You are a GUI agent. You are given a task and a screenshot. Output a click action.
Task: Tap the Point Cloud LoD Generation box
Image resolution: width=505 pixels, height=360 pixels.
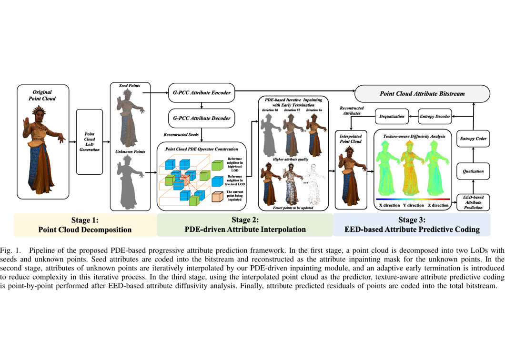pyautogui.click(x=89, y=142)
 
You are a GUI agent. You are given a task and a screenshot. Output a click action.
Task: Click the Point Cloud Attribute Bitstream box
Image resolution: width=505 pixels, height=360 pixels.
pyautogui.click(x=422, y=93)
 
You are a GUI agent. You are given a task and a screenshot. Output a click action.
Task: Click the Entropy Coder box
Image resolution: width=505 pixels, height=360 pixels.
pyautogui.click(x=473, y=139)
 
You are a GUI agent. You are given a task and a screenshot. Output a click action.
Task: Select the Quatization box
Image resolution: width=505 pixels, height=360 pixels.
pyautogui.click(x=473, y=170)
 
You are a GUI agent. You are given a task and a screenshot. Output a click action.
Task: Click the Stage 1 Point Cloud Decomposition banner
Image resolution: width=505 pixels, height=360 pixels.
pyautogui.click(x=85, y=225)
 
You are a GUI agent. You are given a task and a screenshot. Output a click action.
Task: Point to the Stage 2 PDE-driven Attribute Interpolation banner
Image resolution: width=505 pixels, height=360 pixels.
pyautogui.click(x=245, y=225)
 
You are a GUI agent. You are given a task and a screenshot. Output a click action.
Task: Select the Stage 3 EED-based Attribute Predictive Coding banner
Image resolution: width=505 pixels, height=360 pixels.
pyautogui.click(x=412, y=225)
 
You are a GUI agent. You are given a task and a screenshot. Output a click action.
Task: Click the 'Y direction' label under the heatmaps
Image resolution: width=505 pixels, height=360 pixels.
pyautogui.click(x=413, y=206)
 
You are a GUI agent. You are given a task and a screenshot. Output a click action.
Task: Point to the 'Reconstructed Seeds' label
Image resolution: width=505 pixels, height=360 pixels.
pyautogui.click(x=182, y=135)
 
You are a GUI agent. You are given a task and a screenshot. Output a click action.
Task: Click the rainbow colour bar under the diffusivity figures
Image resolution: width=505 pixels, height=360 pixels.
pyautogui.click(x=413, y=199)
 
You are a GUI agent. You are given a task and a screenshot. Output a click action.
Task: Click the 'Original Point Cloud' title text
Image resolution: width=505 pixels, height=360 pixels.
pyautogui.click(x=43, y=95)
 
